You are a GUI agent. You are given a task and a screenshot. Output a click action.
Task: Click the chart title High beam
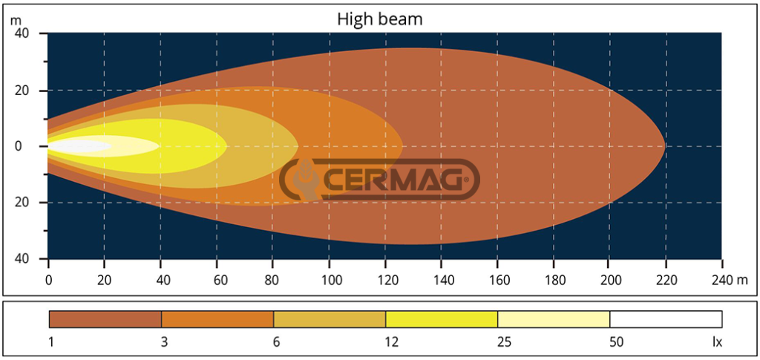(x=379, y=19)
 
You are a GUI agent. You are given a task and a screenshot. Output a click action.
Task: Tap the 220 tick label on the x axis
(x=665, y=280)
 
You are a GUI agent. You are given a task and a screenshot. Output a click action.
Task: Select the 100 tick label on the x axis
(x=329, y=280)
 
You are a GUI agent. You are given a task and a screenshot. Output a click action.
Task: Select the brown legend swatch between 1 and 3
(x=105, y=319)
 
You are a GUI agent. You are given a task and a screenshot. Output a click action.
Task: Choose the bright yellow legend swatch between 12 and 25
(x=442, y=319)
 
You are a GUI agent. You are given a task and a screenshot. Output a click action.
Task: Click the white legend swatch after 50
(x=666, y=319)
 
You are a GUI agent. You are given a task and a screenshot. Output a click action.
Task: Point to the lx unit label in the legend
(x=716, y=342)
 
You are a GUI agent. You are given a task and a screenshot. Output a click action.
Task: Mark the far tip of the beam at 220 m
(x=664, y=146)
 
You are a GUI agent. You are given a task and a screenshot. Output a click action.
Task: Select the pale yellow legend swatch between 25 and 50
(x=554, y=319)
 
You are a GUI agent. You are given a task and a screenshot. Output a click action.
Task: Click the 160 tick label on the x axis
(x=497, y=280)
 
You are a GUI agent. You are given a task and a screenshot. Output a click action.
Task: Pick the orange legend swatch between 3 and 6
(x=217, y=319)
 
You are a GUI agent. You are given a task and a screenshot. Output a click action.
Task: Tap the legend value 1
(x=50, y=342)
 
